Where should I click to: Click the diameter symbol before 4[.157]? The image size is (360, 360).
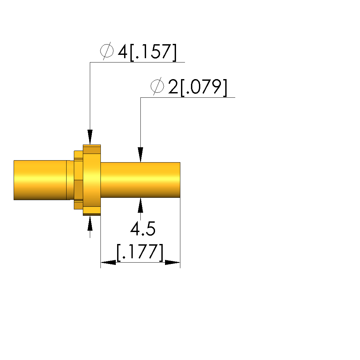107,51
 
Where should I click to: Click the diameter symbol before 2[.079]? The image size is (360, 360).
157,86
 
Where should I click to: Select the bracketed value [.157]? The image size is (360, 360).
153,53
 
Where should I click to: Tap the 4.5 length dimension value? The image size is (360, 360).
143,229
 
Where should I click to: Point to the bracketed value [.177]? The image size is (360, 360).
140,252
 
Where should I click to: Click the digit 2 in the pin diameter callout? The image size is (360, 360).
173,86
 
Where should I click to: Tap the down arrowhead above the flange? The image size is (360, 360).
90,137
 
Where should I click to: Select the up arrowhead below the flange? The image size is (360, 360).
90,223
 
